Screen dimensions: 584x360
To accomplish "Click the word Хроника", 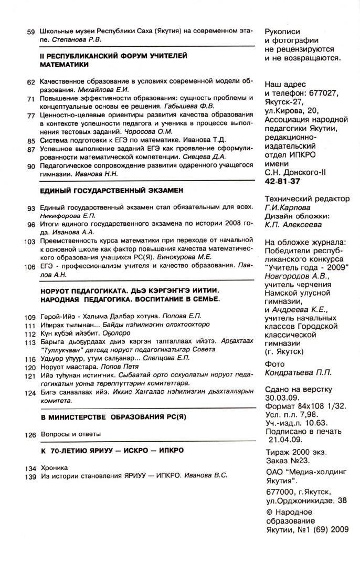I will (54, 467).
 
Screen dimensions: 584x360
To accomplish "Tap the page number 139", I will (29, 476).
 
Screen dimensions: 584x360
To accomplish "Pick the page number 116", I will (29, 358).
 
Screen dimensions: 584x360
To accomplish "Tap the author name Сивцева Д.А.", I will (206, 157).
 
